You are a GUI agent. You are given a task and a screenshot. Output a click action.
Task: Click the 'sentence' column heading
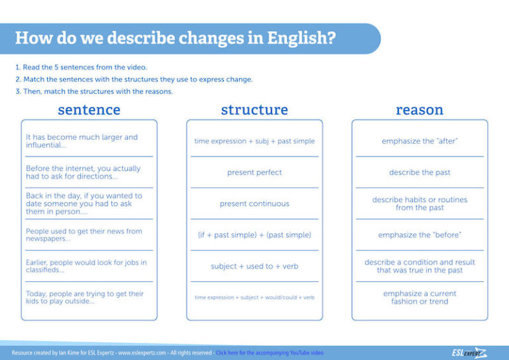(x=89, y=109)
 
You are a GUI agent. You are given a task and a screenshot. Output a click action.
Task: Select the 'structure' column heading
(x=254, y=109)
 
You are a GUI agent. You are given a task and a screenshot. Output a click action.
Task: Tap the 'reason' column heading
(x=420, y=109)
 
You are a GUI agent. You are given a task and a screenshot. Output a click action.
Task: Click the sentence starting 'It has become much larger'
(x=82, y=141)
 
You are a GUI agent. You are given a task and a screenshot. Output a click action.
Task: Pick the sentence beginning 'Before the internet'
(x=83, y=172)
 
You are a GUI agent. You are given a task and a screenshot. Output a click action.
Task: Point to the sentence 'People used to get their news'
(x=84, y=235)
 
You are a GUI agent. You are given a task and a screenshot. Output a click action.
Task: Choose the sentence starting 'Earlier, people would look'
(x=86, y=266)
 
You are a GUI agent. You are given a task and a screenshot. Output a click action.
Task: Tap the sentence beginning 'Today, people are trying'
(x=84, y=297)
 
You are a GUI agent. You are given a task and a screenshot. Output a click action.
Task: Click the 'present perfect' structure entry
(x=254, y=172)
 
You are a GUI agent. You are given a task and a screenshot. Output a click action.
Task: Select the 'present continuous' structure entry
(x=254, y=204)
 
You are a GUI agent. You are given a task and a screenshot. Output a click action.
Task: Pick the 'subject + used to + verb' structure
(x=254, y=266)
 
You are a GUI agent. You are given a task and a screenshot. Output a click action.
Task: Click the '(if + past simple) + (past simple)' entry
(x=254, y=235)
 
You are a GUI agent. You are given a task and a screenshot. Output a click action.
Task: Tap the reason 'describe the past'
(x=420, y=172)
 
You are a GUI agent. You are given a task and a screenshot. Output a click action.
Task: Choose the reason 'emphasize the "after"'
(x=420, y=141)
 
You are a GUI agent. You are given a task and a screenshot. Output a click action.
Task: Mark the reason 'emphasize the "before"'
(x=420, y=235)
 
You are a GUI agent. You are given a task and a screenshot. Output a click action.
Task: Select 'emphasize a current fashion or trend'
(x=420, y=297)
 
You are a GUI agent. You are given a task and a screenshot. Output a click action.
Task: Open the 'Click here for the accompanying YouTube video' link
(x=270, y=353)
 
